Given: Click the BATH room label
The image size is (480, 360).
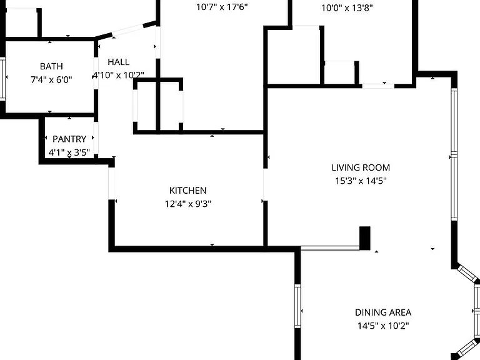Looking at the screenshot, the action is click(x=51, y=66).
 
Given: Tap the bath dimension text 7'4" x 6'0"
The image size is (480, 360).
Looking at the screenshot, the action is click(x=51, y=79).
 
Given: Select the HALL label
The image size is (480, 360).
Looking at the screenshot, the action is click(x=119, y=62).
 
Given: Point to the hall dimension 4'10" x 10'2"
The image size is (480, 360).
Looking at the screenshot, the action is click(x=119, y=75).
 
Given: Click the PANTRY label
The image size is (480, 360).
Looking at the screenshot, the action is click(x=69, y=139).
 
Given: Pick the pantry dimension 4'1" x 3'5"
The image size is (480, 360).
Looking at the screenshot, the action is click(x=69, y=152).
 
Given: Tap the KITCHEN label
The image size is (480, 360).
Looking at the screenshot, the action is click(x=188, y=191).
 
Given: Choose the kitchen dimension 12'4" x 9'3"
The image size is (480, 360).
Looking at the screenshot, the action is click(x=188, y=204).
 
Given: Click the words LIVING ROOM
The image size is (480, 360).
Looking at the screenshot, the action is click(x=361, y=167).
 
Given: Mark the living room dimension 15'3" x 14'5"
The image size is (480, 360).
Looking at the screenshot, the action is click(x=361, y=181).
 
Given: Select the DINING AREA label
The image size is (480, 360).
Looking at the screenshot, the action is click(x=383, y=312).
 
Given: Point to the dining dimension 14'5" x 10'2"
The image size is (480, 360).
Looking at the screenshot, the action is click(x=383, y=326).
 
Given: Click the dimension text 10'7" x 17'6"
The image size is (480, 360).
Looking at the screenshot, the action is click(x=222, y=7).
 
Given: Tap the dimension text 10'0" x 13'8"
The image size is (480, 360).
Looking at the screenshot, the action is click(x=347, y=7).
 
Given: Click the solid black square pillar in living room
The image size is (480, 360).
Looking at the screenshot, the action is click(x=364, y=238).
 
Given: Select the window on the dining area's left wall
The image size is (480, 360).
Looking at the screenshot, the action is click(x=297, y=306).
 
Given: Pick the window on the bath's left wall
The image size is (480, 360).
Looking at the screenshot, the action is click(x=2, y=79).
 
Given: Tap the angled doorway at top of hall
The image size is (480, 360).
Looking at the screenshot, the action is click(x=128, y=30).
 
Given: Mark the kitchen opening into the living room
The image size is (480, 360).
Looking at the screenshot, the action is click(x=266, y=184).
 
